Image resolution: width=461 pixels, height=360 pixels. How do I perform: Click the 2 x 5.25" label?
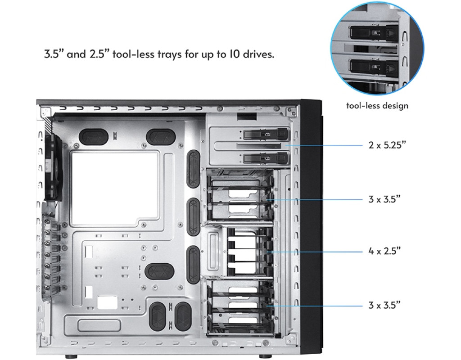pyautogui.click(x=387, y=145)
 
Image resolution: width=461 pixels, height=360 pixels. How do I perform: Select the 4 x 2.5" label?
pyautogui.click(x=384, y=251)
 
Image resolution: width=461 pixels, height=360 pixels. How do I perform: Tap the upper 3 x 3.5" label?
pyautogui.click(x=384, y=199)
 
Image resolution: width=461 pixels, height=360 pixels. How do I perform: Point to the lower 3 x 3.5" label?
pyautogui.click(x=384, y=305)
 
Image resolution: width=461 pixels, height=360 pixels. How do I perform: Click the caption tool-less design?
pyautogui.click(x=377, y=105)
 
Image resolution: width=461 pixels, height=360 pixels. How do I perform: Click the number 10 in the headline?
pyautogui.click(x=235, y=54)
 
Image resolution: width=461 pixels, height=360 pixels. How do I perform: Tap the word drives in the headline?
pyautogui.click(x=258, y=54)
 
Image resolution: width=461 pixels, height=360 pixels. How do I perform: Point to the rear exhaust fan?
pyautogui.click(x=53, y=167)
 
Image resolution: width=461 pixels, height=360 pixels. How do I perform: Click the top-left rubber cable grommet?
pyautogui.click(x=94, y=137)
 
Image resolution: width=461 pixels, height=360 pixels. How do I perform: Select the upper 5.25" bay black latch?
pyautogui.click(x=266, y=134)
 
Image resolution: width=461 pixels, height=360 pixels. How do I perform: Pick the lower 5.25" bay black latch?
pyautogui.click(x=266, y=158)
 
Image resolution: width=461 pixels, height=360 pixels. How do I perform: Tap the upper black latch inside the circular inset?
pyautogui.click(x=374, y=32)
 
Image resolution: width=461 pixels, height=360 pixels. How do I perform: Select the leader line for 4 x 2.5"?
pyautogui.click(x=315, y=252)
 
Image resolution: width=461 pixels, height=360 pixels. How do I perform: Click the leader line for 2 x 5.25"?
pyautogui.click(x=324, y=145)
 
